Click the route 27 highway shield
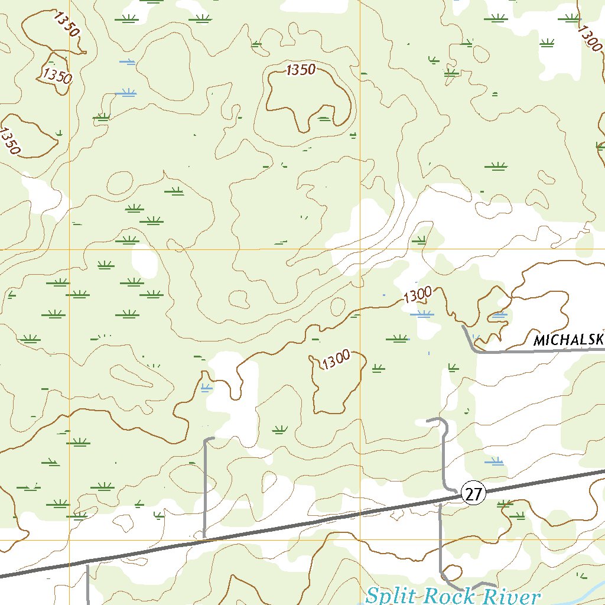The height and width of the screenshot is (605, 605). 474,493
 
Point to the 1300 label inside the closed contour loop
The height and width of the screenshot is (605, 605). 336,360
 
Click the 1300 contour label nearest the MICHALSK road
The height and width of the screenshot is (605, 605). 418,294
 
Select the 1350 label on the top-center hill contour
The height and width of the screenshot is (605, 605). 301,70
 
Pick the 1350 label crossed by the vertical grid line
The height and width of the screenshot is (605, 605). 57,76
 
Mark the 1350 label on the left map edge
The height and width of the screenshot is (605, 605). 10,141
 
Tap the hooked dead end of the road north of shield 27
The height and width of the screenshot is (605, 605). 428,421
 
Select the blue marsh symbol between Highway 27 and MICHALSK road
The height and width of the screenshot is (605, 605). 494,461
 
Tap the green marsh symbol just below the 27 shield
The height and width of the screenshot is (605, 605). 504,504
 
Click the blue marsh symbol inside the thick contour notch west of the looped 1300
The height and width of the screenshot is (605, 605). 205,388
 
